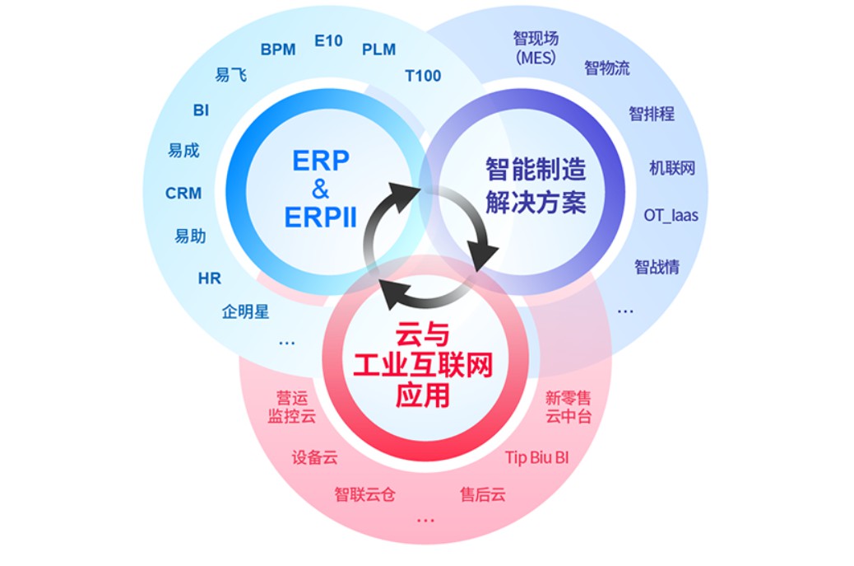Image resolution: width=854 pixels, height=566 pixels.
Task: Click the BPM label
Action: [x=278, y=49]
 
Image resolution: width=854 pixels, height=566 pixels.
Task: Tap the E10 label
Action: [x=328, y=41]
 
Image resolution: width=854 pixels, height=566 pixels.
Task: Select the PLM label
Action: [x=378, y=49]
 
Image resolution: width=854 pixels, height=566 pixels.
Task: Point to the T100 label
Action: [x=423, y=76]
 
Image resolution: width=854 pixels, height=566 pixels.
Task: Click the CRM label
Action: [x=183, y=193]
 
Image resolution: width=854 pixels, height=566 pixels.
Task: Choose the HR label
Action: [x=209, y=278]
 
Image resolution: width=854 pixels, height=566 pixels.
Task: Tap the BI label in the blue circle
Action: [x=201, y=110]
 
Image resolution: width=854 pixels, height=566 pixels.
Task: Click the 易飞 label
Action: [x=231, y=75]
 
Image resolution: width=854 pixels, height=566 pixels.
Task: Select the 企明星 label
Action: [x=245, y=312]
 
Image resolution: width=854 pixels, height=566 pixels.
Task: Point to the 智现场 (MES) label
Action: [x=536, y=48]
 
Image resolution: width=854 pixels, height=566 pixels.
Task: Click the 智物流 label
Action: [x=606, y=68]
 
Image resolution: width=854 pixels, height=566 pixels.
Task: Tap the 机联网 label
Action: [x=672, y=168]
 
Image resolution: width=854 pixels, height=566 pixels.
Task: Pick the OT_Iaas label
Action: [x=671, y=216]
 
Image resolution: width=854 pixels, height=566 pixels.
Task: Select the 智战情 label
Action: [x=657, y=267]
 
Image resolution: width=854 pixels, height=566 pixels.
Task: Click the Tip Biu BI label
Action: [x=537, y=457]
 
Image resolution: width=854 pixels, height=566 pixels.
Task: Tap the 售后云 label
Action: [x=483, y=494]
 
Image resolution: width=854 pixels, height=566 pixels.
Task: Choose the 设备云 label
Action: [x=314, y=457]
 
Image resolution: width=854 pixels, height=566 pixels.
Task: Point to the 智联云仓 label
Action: [x=364, y=494]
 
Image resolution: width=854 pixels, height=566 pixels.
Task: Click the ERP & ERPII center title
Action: [x=320, y=189]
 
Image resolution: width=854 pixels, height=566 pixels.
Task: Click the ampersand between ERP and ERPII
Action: [x=320, y=189]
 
